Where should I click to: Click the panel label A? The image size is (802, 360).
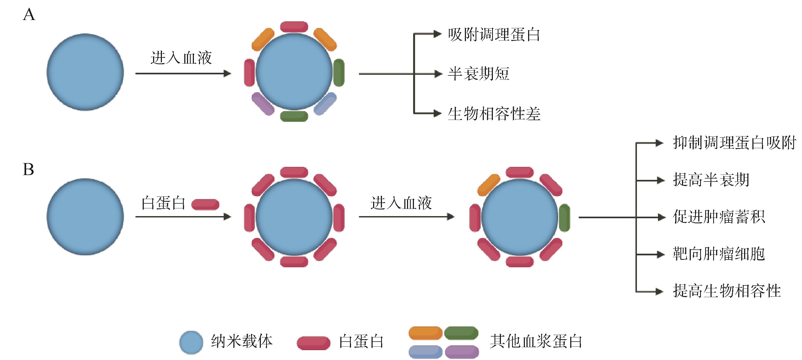click(29, 15)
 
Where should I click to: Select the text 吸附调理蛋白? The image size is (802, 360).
click(494, 35)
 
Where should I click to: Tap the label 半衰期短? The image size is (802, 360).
click(478, 74)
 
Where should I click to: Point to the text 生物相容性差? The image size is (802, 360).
click(494, 114)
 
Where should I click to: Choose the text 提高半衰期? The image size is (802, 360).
click(711, 180)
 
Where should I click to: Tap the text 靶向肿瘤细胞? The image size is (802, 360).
click(719, 254)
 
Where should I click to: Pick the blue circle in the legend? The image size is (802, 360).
click(191, 342)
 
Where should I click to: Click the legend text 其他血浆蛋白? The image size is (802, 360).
click(536, 342)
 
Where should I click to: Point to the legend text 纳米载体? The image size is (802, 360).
click(242, 342)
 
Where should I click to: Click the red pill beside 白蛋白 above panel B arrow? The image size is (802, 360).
click(205, 204)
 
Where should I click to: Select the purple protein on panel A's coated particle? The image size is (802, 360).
click(263, 104)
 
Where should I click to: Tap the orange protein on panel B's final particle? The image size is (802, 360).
click(489, 185)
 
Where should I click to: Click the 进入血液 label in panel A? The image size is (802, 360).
click(181, 58)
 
